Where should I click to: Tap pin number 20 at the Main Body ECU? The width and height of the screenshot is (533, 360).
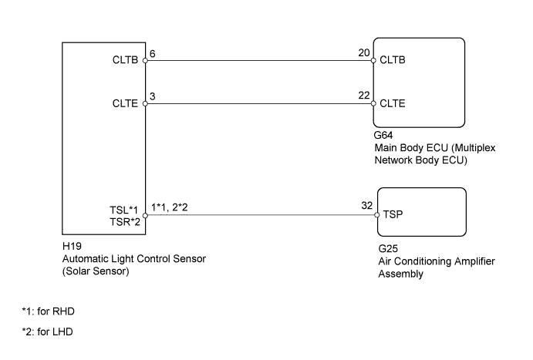363,56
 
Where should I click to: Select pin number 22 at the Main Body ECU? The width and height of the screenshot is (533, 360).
363,96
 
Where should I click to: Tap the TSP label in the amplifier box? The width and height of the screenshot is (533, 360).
393,217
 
